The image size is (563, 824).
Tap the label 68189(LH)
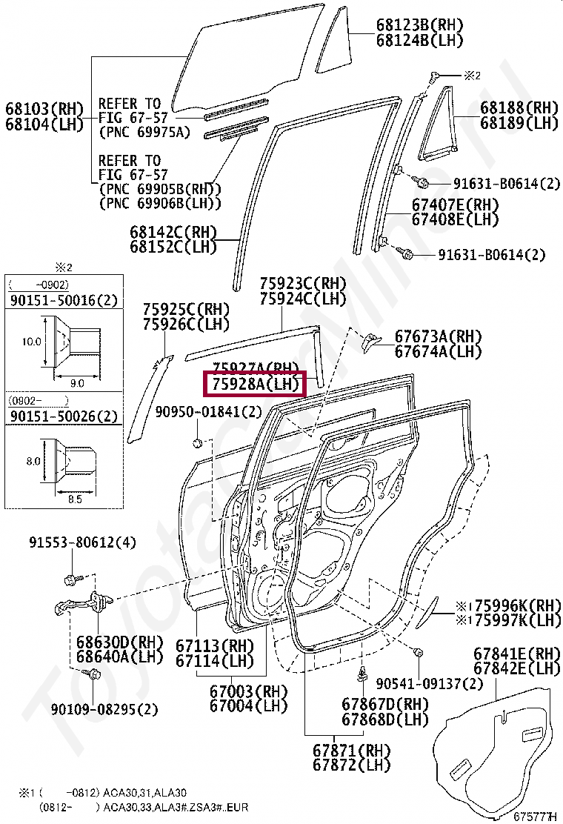[x=519, y=123]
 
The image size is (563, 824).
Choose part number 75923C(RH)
[x=302, y=284]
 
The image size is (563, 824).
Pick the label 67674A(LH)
[x=438, y=351]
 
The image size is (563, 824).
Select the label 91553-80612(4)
[x=83, y=542]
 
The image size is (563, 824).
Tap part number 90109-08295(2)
[x=104, y=710]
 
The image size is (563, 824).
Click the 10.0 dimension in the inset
[x=32, y=342]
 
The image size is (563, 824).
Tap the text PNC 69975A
[x=144, y=133]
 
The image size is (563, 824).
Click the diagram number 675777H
[x=534, y=817]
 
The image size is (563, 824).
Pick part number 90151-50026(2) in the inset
[x=64, y=417]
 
